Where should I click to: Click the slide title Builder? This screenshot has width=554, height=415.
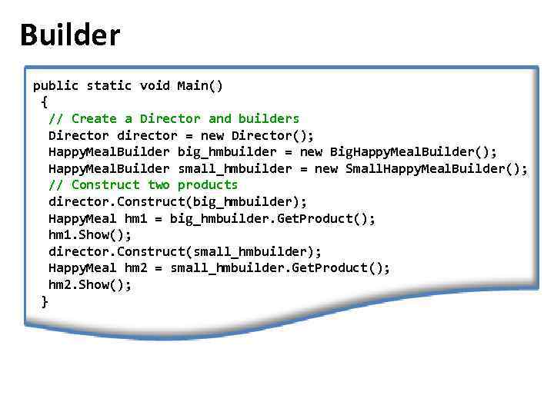pyautogui.click(x=70, y=35)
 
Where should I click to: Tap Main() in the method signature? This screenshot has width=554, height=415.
pyautogui.click(x=200, y=85)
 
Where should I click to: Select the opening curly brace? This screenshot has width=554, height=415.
pyautogui.click(x=44, y=101)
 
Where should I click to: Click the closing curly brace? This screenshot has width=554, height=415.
pyautogui.click(x=44, y=301)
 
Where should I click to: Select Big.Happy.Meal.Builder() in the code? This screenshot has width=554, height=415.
pyautogui.click(x=413, y=151)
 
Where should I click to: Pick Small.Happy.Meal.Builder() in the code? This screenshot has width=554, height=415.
pyautogui.click(x=436, y=168)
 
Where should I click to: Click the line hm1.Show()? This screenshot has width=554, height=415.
pyautogui.click(x=90, y=234)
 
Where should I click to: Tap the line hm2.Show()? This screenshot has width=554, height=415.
pyautogui.click(x=90, y=284)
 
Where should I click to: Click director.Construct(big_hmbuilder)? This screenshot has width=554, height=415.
pyautogui.click(x=178, y=201)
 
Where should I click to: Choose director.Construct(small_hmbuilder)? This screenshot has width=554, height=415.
pyautogui.click(x=185, y=251)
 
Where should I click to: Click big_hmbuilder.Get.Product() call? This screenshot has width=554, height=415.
pyautogui.click(x=272, y=218)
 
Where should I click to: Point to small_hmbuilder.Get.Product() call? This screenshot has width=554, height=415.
pyautogui.click(x=280, y=267)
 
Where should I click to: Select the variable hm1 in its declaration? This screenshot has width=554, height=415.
pyautogui.click(x=135, y=218)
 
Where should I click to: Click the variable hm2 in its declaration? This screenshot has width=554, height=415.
pyautogui.click(x=135, y=267)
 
